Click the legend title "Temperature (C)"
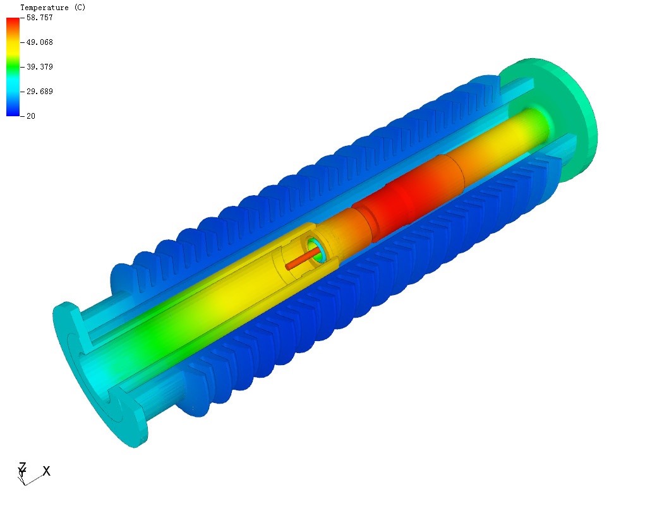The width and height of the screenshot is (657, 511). pyautogui.click(x=53, y=8)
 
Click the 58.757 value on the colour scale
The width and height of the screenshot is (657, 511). pyautogui.click(x=39, y=18)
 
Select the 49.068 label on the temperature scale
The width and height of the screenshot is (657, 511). pyautogui.click(x=39, y=42)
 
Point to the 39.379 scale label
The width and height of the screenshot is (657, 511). pyautogui.click(x=39, y=67)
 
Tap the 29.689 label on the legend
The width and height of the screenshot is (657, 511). pyautogui.click(x=39, y=92)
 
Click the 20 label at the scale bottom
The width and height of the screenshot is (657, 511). pyautogui.click(x=30, y=116)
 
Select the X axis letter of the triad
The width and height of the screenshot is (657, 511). pyautogui.click(x=46, y=471)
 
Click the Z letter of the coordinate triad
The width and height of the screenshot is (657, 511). pyautogui.click(x=22, y=466)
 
